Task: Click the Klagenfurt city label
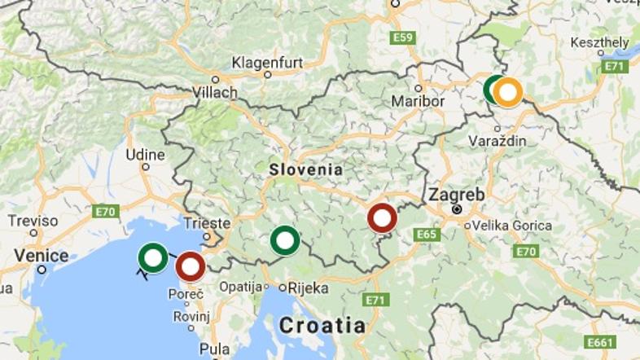point(267,63)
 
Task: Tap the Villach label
point(215,93)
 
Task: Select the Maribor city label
point(418,102)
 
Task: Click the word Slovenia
point(305,169)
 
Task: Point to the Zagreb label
point(456,195)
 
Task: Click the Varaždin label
point(497,141)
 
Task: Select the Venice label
point(42,256)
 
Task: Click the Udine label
point(146,155)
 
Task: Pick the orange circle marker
point(508,92)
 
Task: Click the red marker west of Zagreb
point(382,218)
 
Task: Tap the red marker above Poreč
point(191,266)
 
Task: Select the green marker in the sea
point(153,257)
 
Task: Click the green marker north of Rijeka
point(284,240)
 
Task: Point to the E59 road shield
point(402,37)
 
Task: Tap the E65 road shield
point(427,234)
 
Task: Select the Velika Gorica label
point(512,225)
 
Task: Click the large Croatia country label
point(322,326)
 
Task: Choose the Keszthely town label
point(599,42)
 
